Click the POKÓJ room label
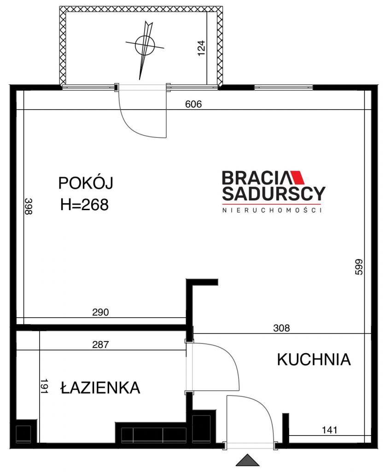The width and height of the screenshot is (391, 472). (x=86, y=183)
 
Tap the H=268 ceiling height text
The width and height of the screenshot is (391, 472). (x=85, y=205)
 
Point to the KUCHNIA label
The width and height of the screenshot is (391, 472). (x=314, y=360)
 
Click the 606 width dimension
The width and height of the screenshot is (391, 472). (x=193, y=104)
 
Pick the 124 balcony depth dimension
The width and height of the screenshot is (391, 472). (x=201, y=48)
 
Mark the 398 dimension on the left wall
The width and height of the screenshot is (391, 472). (x=28, y=206)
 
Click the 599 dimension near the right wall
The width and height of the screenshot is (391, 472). (x=359, y=267)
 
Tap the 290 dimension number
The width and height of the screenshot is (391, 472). (x=100, y=312)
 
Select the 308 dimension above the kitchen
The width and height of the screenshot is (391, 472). (x=281, y=328)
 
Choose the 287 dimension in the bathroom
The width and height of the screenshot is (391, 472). (x=100, y=344)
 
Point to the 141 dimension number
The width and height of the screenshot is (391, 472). (x=330, y=430)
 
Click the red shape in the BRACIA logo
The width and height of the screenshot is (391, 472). (x=298, y=177)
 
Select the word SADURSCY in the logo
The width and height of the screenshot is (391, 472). (x=274, y=194)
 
